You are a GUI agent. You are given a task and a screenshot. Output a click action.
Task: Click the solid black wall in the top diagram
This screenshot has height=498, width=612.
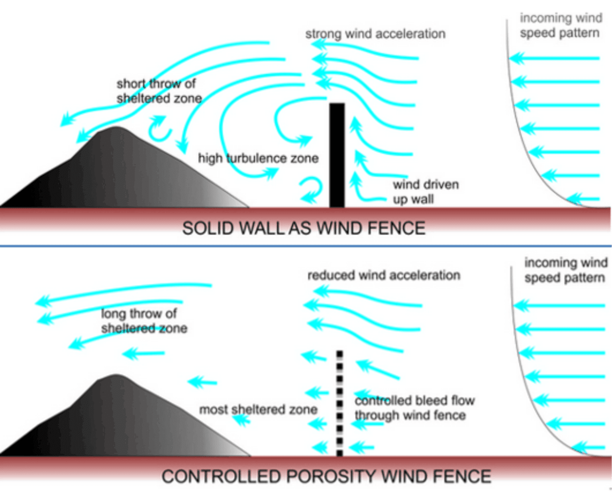(x=337, y=156)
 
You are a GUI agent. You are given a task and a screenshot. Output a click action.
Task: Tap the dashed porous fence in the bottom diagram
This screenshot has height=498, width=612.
(x=339, y=403)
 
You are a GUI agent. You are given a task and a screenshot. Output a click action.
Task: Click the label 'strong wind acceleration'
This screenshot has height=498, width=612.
(x=375, y=34)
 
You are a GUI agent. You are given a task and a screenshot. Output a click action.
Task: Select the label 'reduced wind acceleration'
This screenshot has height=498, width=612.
(x=383, y=275)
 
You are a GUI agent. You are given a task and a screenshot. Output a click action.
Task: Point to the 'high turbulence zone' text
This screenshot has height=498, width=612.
(x=258, y=158)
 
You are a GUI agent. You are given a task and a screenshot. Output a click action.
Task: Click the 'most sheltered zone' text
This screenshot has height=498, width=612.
(x=258, y=409)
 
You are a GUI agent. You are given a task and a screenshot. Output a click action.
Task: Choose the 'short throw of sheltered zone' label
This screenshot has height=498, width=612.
(x=159, y=91)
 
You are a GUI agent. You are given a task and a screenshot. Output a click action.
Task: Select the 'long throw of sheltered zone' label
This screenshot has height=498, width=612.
(x=143, y=321)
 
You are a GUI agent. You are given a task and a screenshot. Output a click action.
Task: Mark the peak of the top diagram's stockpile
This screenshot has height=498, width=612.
(x=116, y=128)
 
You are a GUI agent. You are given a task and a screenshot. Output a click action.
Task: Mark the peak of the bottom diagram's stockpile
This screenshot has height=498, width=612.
(x=116, y=376)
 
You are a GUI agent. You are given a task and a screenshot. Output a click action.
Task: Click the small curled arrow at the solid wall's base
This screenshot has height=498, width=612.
(x=312, y=190)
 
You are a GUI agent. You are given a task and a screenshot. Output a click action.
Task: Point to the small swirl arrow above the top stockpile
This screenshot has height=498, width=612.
(x=159, y=128)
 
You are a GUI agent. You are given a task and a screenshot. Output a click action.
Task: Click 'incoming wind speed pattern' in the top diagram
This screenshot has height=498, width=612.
(x=560, y=26)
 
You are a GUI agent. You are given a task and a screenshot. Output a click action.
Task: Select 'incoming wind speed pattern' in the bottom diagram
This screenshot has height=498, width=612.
(x=565, y=270)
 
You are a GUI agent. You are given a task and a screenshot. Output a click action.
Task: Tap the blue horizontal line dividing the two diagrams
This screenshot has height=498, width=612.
(x=306, y=246)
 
